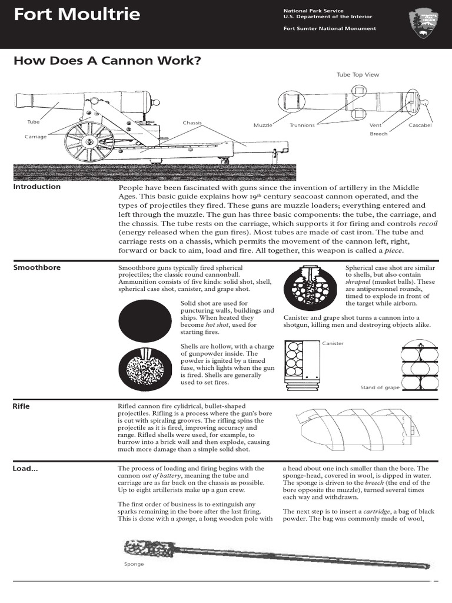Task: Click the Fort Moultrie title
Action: point(77,15)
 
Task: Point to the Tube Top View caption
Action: point(358,75)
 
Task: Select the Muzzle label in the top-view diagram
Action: point(262,125)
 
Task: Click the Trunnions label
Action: point(302,125)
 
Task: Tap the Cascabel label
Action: point(420,125)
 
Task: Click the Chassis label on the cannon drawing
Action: point(192,123)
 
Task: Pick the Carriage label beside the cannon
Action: point(35,136)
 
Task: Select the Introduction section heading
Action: point(37,187)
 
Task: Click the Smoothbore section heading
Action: point(37,267)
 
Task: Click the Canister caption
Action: point(333,343)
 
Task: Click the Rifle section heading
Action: point(22,406)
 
